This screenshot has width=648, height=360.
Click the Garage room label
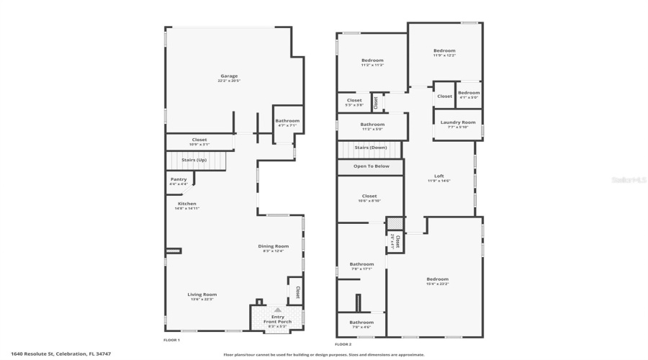point(229,76)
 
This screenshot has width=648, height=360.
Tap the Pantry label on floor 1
point(179,179)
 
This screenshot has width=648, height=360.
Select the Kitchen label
point(187,204)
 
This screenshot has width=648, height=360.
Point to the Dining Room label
point(274,246)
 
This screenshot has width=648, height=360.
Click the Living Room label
point(202,294)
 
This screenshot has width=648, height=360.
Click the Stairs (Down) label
point(372,147)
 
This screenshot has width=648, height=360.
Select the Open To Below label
point(372,166)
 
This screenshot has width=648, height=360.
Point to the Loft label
point(438,176)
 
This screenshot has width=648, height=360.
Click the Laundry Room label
point(458,122)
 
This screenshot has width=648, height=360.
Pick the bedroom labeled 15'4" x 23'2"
point(437,279)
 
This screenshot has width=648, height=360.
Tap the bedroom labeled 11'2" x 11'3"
point(372,60)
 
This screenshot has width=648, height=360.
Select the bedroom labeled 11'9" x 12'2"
point(444,51)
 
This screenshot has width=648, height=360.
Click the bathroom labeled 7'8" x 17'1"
point(361,264)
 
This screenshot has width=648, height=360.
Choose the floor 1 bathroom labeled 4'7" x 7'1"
point(287,121)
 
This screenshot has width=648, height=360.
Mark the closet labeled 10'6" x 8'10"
point(369,196)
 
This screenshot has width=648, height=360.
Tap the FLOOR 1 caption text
point(171,340)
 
